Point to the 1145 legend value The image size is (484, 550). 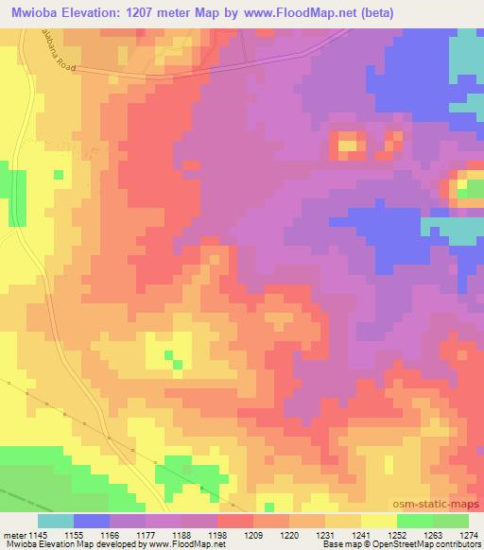coord(37,534)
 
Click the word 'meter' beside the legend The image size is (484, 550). coord(14,534)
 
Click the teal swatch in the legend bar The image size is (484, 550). coord(55,521)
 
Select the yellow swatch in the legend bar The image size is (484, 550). coord(379,521)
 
